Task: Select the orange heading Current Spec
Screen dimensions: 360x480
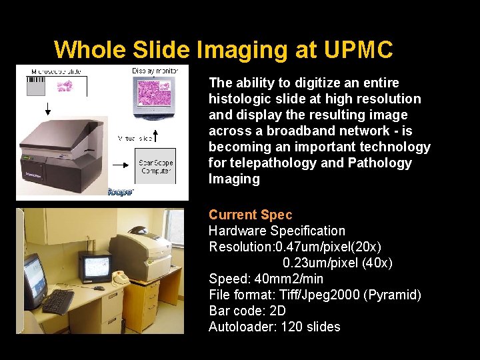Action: [x=250, y=215]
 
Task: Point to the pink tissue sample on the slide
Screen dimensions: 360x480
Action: [x=64, y=85]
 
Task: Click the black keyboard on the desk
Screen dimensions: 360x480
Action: [x=58, y=301]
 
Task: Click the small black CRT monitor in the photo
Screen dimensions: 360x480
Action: [x=95, y=267]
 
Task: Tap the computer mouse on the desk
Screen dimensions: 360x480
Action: [x=99, y=288]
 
